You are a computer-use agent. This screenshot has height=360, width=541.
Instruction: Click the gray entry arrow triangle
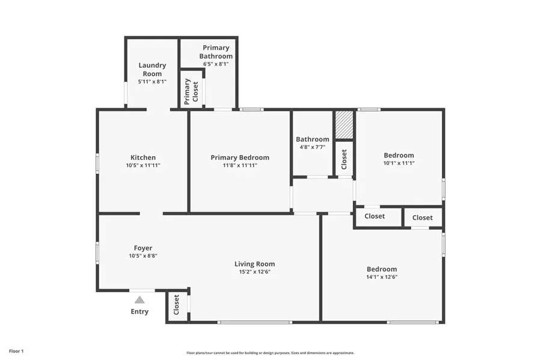(x=139, y=299)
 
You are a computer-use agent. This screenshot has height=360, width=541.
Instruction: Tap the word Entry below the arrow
(x=139, y=311)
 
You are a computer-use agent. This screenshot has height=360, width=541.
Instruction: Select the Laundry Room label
(x=152, y=70)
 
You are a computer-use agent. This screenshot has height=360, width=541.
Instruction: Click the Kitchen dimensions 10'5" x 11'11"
(x=143, y=165)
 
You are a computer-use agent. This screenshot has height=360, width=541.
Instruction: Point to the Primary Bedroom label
(x=240, y=157)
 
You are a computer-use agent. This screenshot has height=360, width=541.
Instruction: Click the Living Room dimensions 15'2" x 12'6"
(x=254, y=272)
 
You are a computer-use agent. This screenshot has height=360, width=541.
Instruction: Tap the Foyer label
(x=143, y=248)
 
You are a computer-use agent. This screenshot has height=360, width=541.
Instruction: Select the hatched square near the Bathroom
(x=344, y=125)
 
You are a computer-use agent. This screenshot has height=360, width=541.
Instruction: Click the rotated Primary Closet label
(x=191, y=91)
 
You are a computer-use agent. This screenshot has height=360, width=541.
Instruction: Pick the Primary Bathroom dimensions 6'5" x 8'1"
(x=216, y=64)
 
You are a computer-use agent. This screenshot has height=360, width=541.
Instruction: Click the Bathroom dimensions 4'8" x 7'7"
(x=312, y=147)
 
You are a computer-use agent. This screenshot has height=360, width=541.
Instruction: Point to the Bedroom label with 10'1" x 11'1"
(x=399, y=155)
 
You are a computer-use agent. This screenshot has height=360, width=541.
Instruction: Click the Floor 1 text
(x=16, y=350)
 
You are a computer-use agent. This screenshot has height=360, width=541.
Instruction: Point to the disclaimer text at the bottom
(x=270, y=353)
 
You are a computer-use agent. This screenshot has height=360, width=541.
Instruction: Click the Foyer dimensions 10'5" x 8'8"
(x=143, y=255)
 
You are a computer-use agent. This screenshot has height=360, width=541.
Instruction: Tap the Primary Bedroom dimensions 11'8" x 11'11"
(x=240, y=165)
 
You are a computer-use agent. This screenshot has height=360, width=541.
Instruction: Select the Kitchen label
(x=143, y=157)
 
